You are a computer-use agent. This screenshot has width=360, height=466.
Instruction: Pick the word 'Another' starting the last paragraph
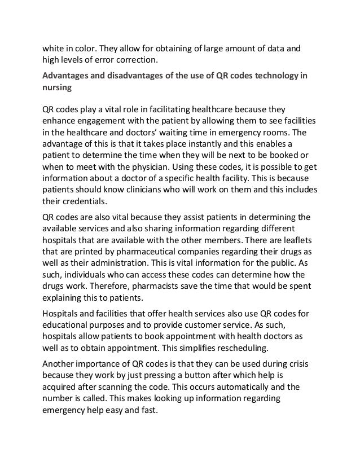pyautogui.click(x=61, y=359)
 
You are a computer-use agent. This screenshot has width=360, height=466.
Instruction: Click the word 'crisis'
pyautogui.click(x=298, y=359)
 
